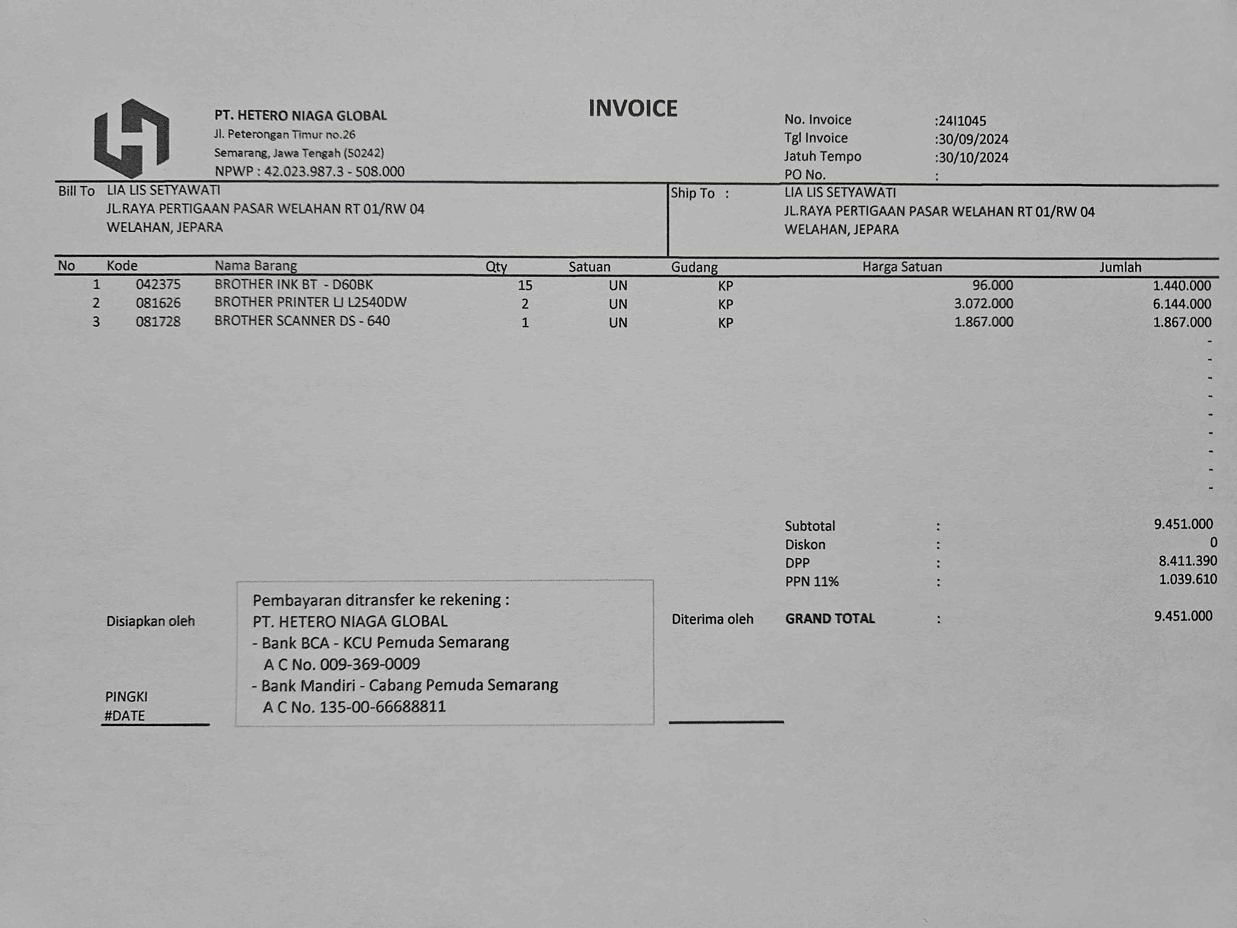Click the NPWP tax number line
pos(309,171)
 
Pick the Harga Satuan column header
pos(901,267)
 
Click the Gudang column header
pos(694,267)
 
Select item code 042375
pos(158,285)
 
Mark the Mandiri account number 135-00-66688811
pos(383,707)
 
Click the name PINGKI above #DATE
pos(126,696)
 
